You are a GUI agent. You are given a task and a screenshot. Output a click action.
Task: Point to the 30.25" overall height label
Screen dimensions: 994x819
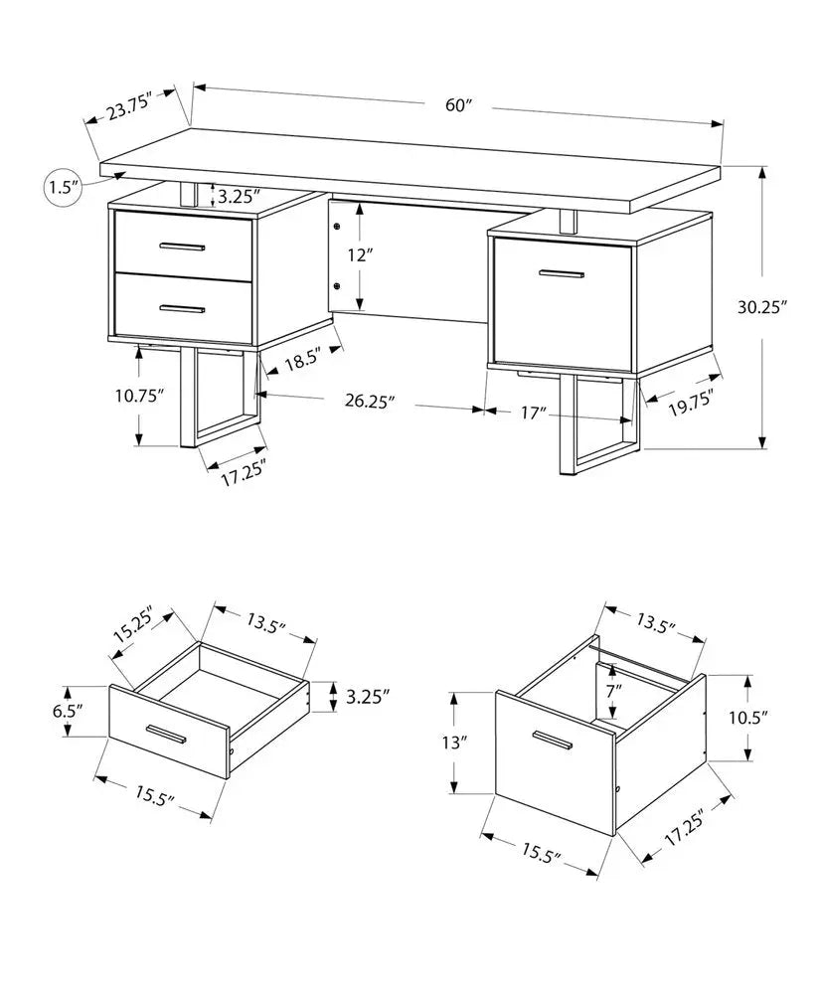762,307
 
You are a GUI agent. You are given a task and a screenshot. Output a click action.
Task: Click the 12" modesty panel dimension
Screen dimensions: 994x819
360,255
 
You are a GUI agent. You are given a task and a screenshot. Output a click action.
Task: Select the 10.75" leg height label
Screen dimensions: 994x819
139,395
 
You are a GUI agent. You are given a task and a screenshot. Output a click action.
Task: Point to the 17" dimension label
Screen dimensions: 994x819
532,412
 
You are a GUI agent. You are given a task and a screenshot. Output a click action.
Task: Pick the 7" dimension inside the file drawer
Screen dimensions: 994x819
613,689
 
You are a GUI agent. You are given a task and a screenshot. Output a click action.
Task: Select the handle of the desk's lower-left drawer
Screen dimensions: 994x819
182,310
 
